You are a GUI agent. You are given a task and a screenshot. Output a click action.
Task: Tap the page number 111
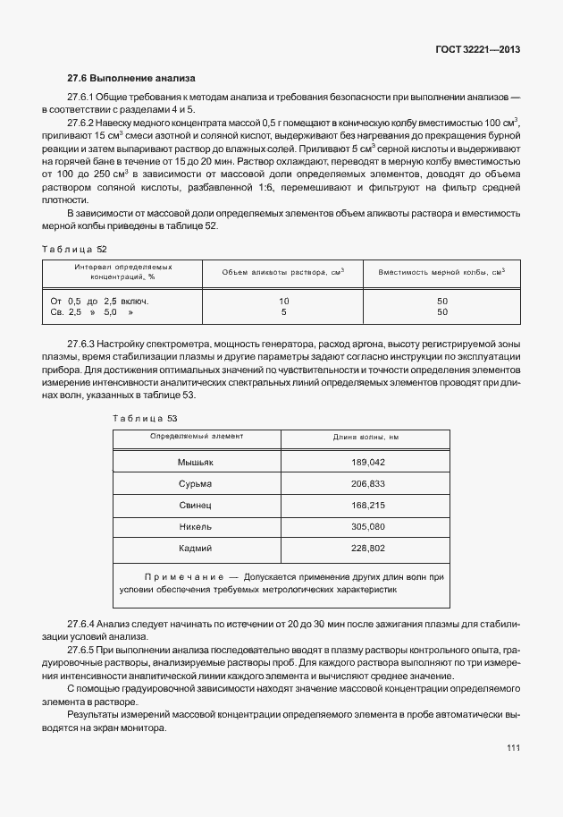point(512,748)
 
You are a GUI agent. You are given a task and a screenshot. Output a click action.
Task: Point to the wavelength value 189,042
point(369,462)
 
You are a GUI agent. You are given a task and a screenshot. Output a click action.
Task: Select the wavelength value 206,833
point(369,483)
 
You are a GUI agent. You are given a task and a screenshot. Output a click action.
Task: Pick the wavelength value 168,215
point(369,505)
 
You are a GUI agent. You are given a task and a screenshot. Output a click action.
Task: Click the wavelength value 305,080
point(369,526)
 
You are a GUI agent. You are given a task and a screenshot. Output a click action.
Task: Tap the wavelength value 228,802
point(369,548)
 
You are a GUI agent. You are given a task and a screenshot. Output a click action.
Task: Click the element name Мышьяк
point(196,462)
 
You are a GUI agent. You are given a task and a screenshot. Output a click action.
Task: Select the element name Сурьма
point(196,483)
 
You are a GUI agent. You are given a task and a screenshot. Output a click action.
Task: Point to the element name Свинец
point(196,505)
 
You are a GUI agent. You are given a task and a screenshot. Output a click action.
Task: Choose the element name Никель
point(196,526)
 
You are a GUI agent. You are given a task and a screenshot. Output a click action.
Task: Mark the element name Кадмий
point(196,548)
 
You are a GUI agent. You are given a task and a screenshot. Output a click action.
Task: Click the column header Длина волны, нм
point(366,437)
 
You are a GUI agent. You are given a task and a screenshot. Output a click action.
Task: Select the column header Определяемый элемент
point(196,436)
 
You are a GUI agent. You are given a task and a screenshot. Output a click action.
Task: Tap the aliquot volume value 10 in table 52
point(284,301)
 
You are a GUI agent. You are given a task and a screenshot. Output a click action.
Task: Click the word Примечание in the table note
point(183,577)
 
